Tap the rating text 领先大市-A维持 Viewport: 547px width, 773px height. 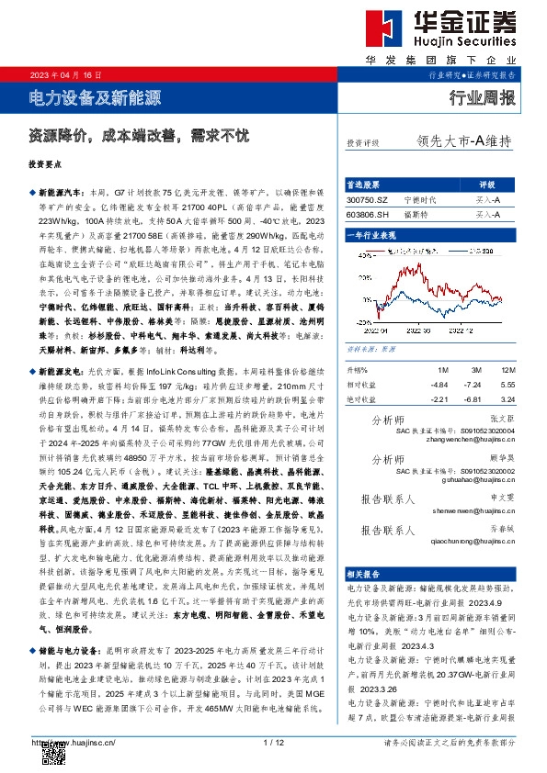pyautogui.click(x=464, y=141)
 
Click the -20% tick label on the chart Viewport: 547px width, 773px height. pyautogui.click(x=362, y=322)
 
